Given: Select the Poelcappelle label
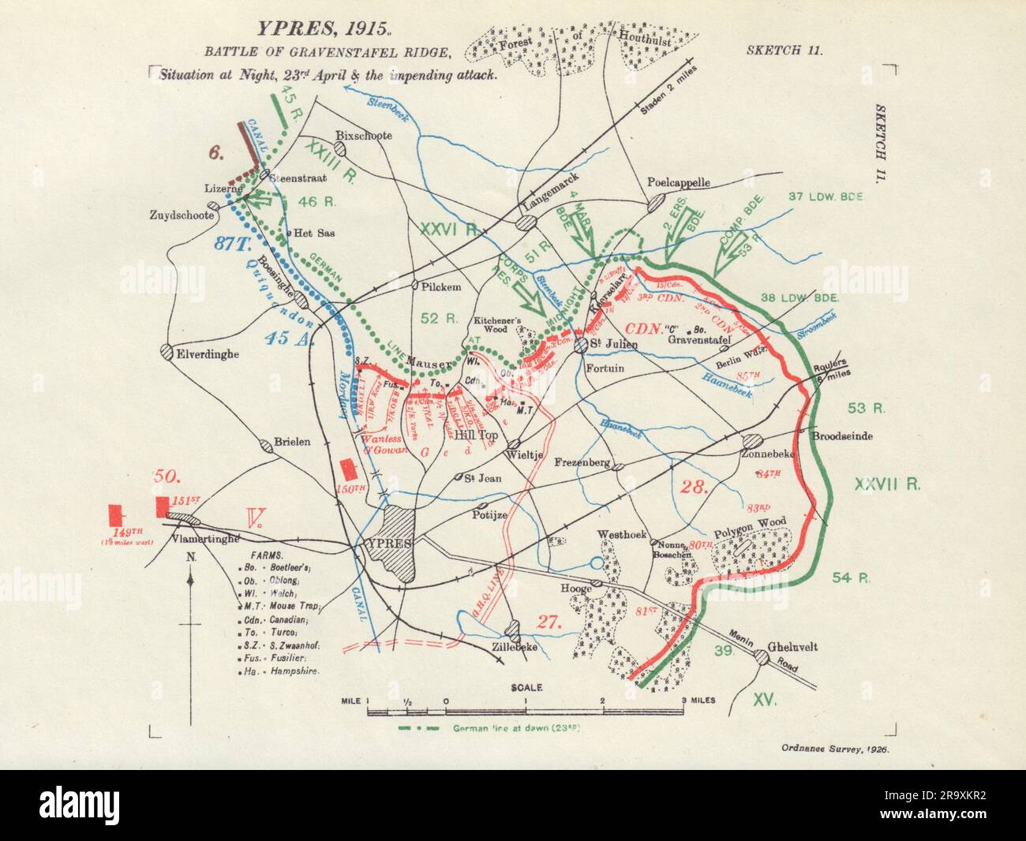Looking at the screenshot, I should (x=679, y=182).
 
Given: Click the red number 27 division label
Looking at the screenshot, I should (x=546, y=620).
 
